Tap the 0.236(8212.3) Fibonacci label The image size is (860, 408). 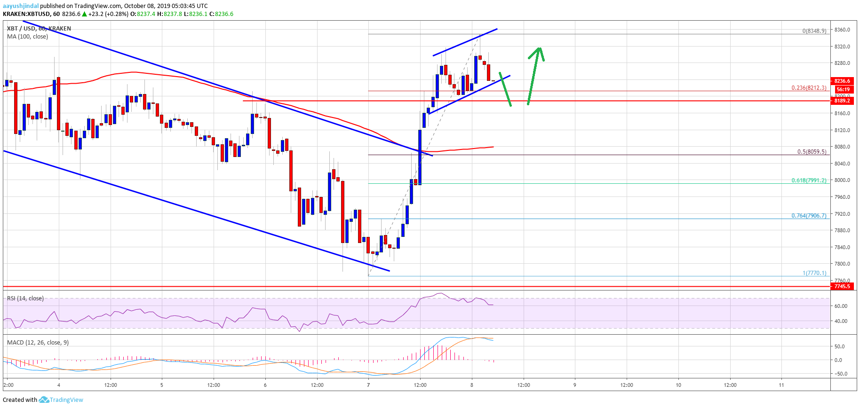point(808,88)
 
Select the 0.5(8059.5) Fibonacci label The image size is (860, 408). point(811,152)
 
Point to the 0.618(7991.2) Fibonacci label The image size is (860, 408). point(808,180)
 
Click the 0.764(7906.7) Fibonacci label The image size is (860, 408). point(808,216)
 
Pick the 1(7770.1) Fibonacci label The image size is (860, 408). point(814,273)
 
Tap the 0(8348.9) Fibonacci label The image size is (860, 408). point(814,31)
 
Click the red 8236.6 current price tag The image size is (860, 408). point(842,81)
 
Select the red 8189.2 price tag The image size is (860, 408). point(842,101)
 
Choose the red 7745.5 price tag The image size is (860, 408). point(842,286)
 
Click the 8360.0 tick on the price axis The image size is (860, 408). point(842,30)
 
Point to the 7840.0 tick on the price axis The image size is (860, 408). point(842,247)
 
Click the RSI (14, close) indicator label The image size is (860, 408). point(25,298)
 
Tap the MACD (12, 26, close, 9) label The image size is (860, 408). point(38,342)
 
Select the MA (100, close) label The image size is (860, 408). point(27,37)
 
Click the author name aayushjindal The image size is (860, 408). point(21,6)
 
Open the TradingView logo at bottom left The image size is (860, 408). point(61,400)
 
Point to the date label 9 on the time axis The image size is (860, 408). point(574,385)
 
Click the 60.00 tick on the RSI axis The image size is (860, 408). point(841,306)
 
